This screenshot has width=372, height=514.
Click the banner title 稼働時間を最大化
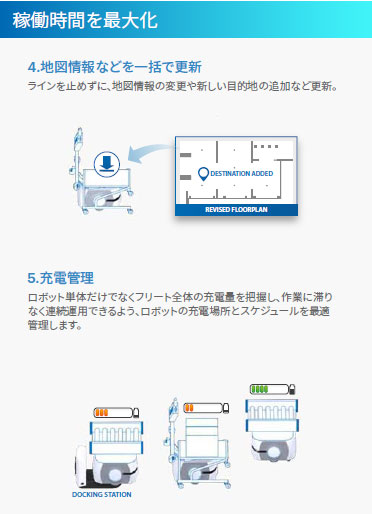[85, 20]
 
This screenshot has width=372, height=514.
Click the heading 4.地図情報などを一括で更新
[115, 67]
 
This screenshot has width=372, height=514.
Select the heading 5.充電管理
[61, 278]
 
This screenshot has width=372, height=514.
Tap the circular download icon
[107, 164]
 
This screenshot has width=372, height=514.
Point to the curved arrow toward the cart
[147, 153]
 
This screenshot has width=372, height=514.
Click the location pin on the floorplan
[203, 174]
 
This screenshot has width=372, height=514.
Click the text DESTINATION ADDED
[242, 174]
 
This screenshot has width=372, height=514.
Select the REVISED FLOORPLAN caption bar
[236, 210]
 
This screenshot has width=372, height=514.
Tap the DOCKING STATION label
[102, 495]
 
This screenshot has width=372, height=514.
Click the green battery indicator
[272, 389]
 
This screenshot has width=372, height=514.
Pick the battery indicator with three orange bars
[116, 413]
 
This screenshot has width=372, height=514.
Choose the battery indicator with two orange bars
[206, 408]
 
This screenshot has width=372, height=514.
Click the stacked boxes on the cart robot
[202, 436]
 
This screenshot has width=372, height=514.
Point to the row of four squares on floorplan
[266, 146]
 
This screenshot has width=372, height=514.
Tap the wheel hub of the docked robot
[114, 474]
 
